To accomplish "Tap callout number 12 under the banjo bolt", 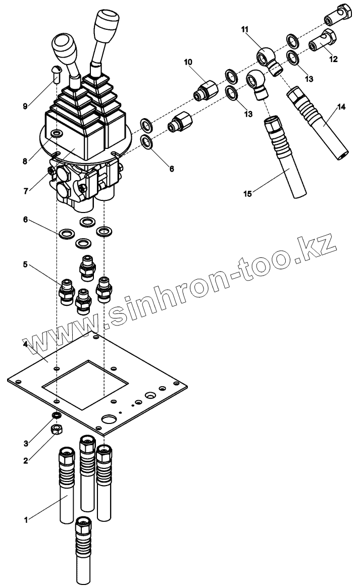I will tap(333, 59).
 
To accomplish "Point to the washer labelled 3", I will tap(57, 415).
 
